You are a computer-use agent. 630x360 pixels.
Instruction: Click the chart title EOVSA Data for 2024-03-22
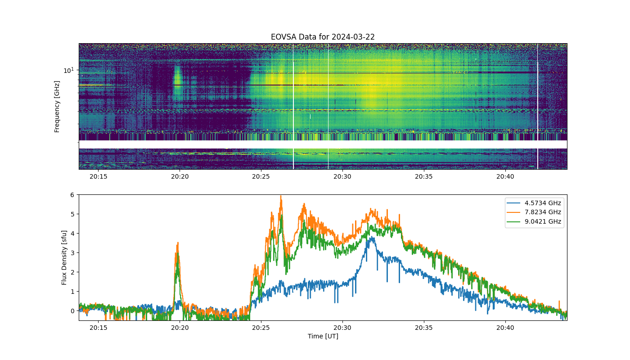(x=323, y=37)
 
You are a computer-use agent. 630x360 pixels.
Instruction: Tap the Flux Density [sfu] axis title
(x=64, y=257)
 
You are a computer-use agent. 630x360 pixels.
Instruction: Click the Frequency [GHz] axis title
(x=57, y=107)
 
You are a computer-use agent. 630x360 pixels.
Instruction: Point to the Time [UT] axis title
(x=323, y=337)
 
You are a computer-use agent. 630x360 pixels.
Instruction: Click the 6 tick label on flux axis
(x=72, y=195)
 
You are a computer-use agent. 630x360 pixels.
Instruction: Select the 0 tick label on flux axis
(x=72, y=311)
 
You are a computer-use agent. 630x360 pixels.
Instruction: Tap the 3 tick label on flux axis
(x=72, y=253)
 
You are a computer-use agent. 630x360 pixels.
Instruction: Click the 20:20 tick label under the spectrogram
(x=180, y=176)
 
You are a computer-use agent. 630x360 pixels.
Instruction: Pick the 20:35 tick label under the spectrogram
(x=423, y=176)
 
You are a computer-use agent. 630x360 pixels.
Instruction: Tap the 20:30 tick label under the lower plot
(x=342, y=328)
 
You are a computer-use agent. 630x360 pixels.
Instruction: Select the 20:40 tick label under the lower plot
(x=505, y=328)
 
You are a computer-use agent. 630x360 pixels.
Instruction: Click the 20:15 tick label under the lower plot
(x=99, y=328)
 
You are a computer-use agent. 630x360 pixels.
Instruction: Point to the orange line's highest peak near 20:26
(x=281, y=196)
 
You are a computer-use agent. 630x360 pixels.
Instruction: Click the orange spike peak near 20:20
(x=178, y=243)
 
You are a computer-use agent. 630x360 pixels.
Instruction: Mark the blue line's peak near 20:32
(x=372, y=237)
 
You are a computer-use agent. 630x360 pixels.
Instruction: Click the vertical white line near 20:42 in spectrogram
(x=537, y=106)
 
